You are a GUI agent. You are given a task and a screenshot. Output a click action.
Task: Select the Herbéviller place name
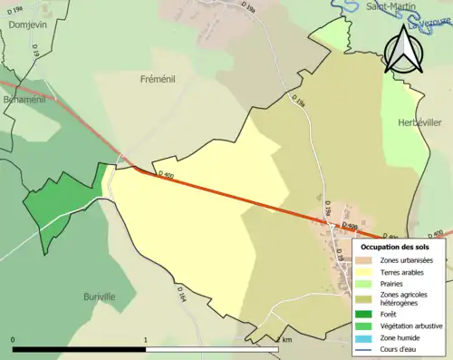tap(422, 122)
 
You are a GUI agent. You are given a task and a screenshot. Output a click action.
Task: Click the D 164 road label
tap(181, 296)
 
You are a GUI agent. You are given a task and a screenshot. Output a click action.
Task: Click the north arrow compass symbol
tap(401, 50)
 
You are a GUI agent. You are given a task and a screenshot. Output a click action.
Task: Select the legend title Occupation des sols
tap(397, 247)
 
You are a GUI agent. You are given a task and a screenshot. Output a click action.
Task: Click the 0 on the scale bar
tap(13, 340)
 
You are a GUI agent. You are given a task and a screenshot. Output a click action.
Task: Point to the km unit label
tap(287, 340)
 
